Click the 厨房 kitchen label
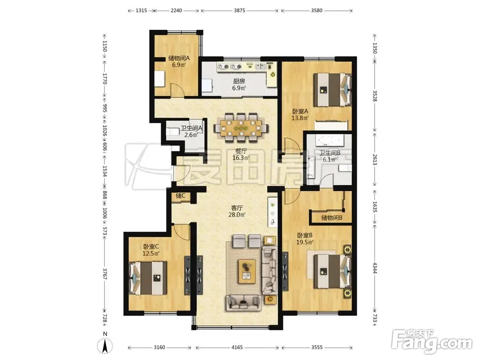pos(239,81)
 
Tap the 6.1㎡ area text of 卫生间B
pos(329,159)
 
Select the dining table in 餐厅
pos(241,128)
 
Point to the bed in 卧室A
pos(332,89)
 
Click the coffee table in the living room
pos(247,271)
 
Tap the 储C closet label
pos(181,196)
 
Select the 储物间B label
pos(332,218)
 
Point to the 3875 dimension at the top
pos(240,10)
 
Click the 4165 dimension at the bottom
pos(237,347)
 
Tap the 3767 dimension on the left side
pos(105,274)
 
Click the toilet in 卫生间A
pos(172,131)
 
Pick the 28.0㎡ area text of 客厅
pos(237,214)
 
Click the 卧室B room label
pos(305,235)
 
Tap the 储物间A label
pos(179,58)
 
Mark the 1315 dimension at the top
pos(141,10)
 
